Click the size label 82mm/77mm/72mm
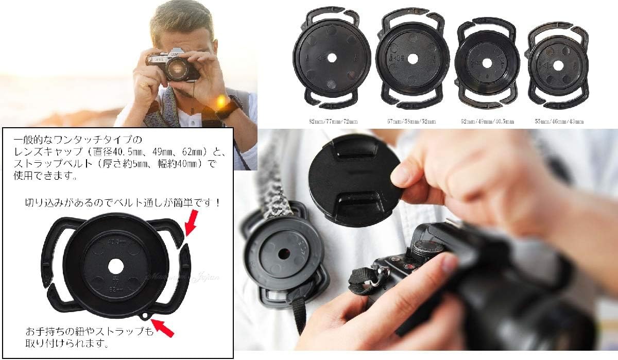[330, 122]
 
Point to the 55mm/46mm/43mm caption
[559, 122]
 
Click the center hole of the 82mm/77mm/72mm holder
[331, 58]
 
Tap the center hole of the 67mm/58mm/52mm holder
[412, 59]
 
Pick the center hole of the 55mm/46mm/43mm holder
[557, 65]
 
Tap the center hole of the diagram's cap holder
[116, 266]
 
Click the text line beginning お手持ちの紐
[86, 331]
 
